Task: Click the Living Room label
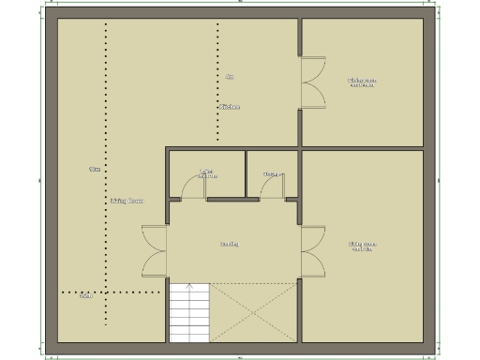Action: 127,201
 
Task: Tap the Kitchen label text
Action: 230,107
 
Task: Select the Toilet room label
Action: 207,173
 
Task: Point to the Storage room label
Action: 273,173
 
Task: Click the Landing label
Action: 229,244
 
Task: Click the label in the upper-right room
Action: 363,82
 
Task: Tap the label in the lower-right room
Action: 363,247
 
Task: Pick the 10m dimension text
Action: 94,170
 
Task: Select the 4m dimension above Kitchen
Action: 230,77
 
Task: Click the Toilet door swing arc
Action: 192,185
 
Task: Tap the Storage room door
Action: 274,187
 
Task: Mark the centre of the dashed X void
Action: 253,310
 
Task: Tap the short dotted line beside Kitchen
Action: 218,84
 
